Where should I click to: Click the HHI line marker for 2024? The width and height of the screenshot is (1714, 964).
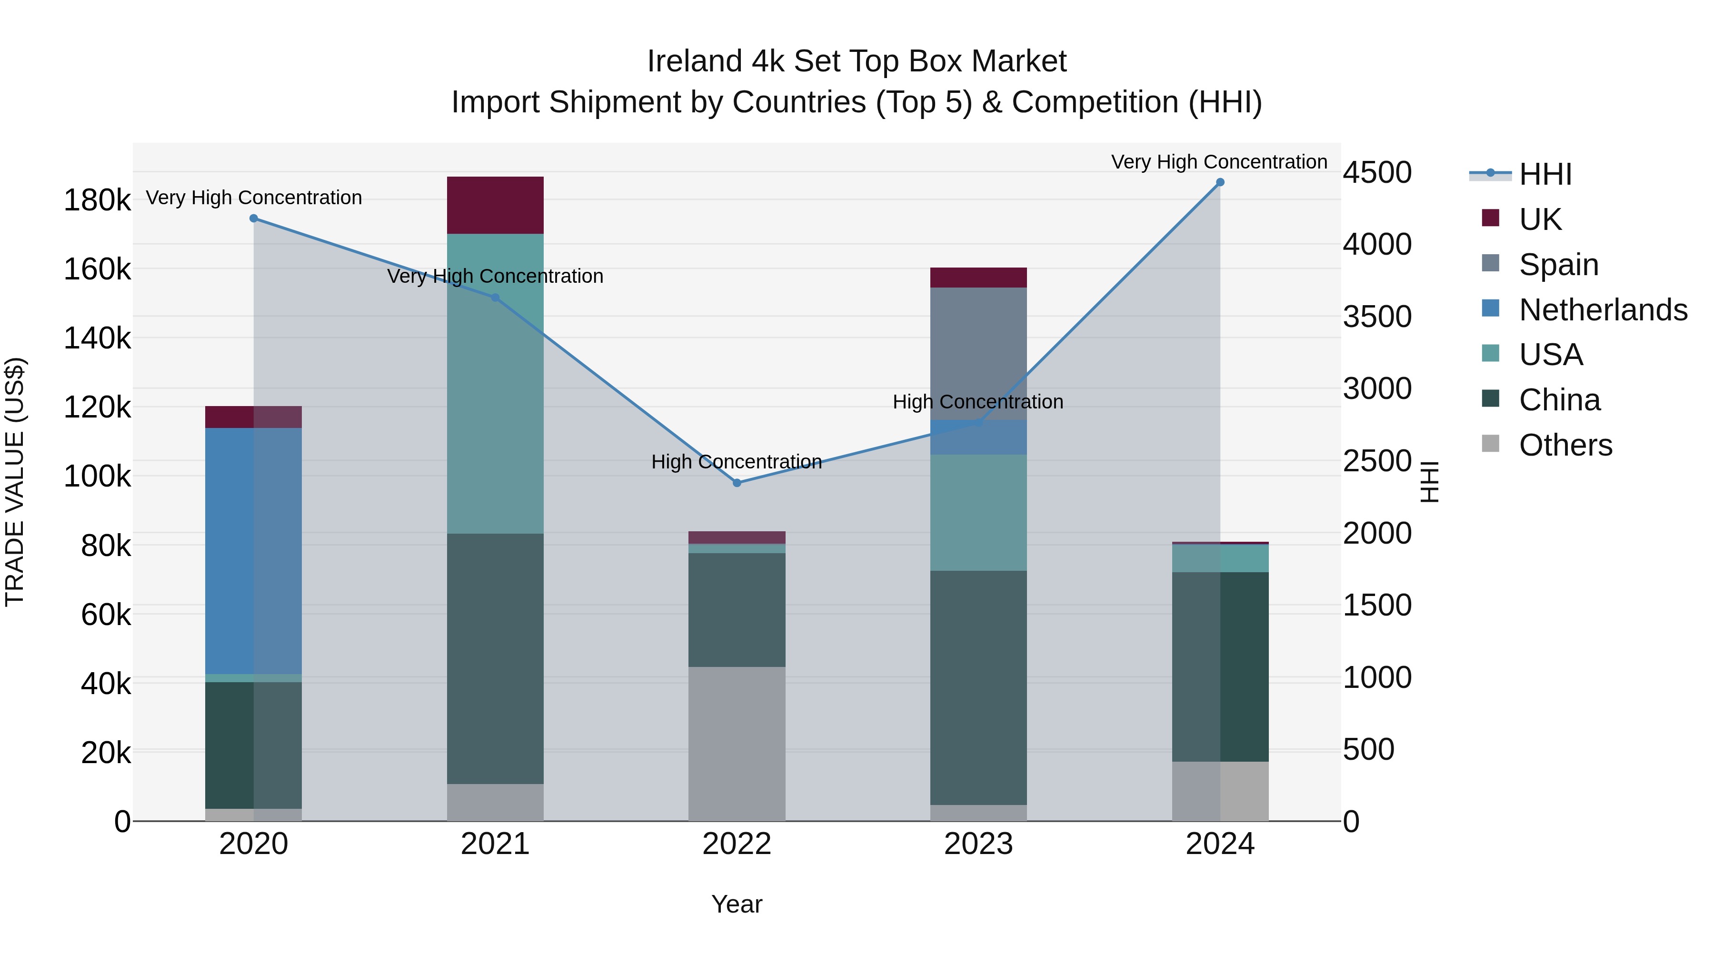click(x=1220, y=182)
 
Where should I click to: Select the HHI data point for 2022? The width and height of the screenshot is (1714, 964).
click(x=737, y=483)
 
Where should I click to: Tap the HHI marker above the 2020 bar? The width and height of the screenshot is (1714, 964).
click(x=253, y=218)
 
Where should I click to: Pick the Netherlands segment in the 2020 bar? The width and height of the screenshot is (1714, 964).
click(x=253, y=551)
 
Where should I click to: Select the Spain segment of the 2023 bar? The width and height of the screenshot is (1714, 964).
click(x=978, y=353)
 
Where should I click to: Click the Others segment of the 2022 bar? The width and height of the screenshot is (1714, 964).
click(x=737, y=744)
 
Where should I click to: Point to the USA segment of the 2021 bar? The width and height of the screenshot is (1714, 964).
click(x=495, y=383)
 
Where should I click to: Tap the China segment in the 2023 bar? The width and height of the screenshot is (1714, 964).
click(x=978, y=688)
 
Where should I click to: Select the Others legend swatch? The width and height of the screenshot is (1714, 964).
click(x=1490, y=444)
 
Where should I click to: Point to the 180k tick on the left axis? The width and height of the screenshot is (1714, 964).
click(x=97, y=200)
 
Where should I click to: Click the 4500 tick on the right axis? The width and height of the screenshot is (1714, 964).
click(x=1376, y=172)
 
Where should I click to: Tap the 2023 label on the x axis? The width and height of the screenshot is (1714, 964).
click(x=978, y=844)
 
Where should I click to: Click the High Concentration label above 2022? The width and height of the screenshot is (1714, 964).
click(x=737, y=462)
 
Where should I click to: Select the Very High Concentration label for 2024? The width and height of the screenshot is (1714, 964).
click(x=1219, y=162)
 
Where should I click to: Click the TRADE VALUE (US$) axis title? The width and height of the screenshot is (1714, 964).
click(x=15, y=482)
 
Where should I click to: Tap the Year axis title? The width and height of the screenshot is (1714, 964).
click(x=737, y=904)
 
